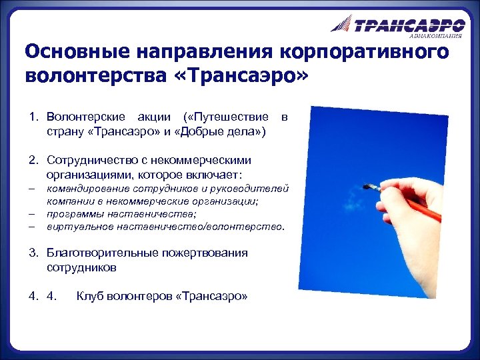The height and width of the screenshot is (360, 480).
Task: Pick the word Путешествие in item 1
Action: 231,118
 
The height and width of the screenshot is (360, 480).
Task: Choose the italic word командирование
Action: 88,189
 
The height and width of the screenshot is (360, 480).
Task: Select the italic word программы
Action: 73,213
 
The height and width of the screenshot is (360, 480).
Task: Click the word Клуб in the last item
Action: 91,295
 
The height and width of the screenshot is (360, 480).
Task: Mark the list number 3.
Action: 32,253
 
